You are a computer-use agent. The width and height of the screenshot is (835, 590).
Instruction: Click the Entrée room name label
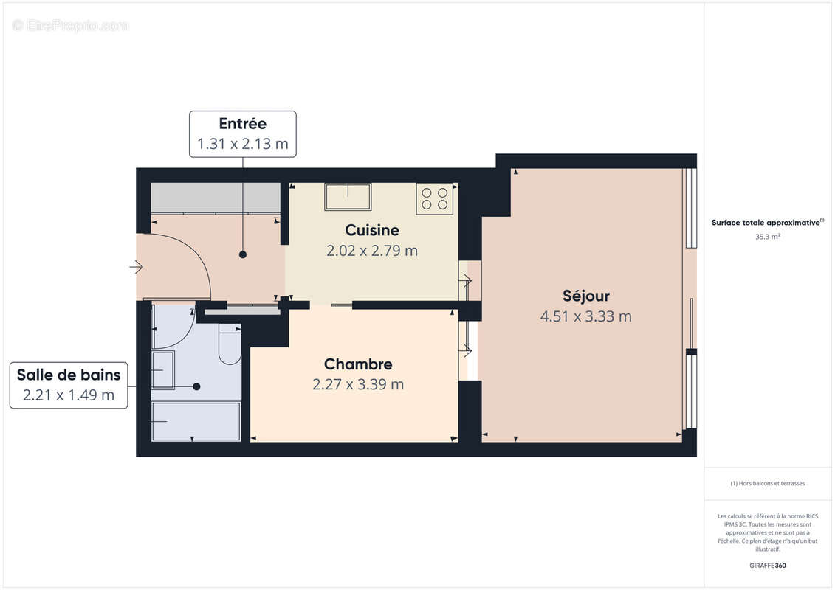tap(242, 124)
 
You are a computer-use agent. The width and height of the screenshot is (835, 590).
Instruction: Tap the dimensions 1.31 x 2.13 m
tap(242, 144)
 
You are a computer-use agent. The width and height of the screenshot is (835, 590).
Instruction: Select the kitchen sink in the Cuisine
tap(348, 197)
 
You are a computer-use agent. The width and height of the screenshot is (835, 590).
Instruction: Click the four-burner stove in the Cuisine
tap(434, 198)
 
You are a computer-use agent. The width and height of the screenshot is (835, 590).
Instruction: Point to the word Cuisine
tap(372, 230)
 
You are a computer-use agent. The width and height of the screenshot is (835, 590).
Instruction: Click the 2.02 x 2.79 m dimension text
tap(372, 251)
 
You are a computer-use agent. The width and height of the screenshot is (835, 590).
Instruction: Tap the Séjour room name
tap(585, 296)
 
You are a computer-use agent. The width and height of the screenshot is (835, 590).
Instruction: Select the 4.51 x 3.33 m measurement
tap(585, 316)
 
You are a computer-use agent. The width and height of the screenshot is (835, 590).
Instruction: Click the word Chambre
tap(358, 364)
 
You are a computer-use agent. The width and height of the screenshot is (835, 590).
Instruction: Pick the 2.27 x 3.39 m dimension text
tap(358, 384)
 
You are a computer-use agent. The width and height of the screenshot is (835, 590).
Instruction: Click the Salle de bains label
tap(68, 375)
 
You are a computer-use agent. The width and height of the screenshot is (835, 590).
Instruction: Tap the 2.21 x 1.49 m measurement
tap(68, 395)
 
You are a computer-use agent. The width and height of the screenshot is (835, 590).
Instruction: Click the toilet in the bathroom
tap(230, 345)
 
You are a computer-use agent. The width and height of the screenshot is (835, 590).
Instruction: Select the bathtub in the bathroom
tap(196, 421)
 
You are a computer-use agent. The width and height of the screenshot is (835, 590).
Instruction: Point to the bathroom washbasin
tap(163, 369)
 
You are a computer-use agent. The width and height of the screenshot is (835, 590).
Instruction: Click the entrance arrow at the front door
tap(136, 267)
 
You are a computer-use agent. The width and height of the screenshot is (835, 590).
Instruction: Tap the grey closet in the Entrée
tap(216, 198)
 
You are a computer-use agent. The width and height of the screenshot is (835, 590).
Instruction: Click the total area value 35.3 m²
tap(768, 237)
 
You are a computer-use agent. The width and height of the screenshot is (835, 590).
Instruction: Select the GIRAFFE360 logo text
tap(768, 566)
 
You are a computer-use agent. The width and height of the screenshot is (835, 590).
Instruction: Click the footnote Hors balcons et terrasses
tap(768, 483)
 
